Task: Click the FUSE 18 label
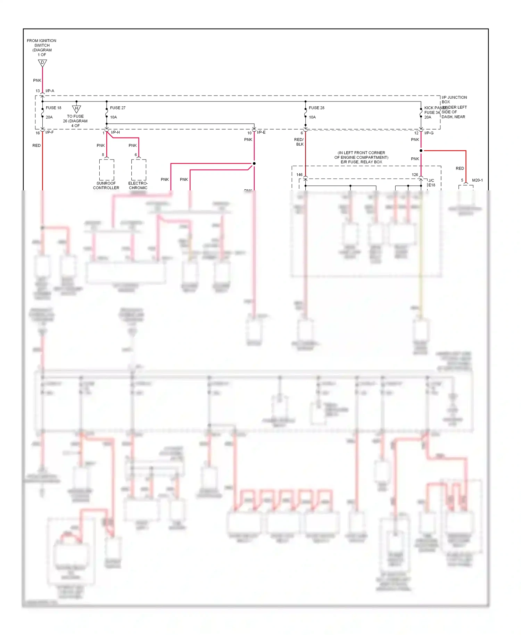pos(53,108)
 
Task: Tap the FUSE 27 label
pos(117,108)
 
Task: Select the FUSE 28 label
pos(316,108)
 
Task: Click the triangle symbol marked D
pos(42,63)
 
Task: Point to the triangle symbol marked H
pos(76,109)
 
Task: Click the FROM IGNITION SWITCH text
pos(42,43)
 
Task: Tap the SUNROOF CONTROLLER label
pos(106,185)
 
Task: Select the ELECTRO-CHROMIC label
pos(138,185)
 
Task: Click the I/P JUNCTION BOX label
pos(454,100)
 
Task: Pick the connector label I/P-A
pos(50,91)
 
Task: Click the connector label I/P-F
pos(49,132)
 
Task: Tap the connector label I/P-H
pos(115,132)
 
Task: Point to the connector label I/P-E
pos(261,132)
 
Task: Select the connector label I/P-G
pos(429,133)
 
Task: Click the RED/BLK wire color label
pos(299,142)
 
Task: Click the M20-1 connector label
pos(477,180)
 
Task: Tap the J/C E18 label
pos(431,183)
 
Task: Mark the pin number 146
pos(299,175)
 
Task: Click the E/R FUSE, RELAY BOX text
pos(361,162)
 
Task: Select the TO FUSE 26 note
pos(75,121)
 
